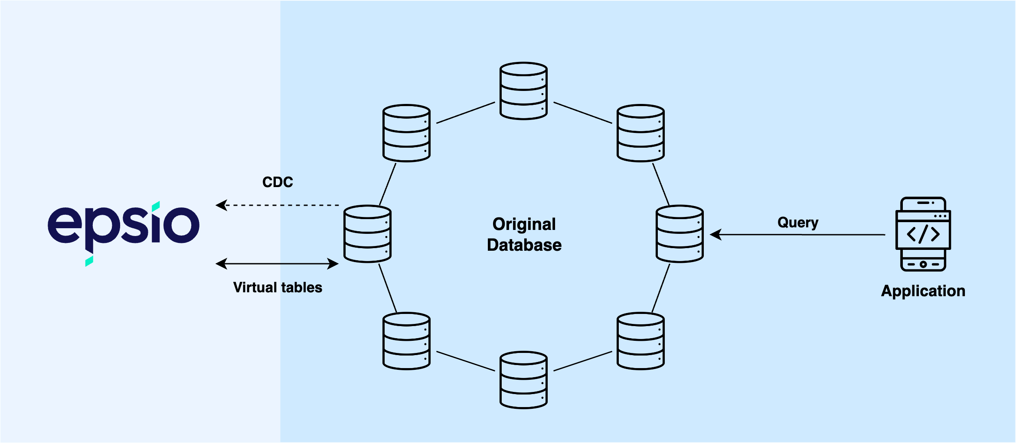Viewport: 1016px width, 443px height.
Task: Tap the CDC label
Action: pos(278,182)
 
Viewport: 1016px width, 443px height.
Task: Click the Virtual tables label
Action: pos(278,288)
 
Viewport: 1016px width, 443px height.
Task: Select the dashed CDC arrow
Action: pos(278,205)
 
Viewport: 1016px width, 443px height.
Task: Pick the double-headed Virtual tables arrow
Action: pos(278,264)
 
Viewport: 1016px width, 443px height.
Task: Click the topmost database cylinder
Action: pos(523,91)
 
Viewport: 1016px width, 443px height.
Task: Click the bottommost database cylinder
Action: pos(523,380)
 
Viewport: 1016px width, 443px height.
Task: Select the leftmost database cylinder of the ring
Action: pos(367,234)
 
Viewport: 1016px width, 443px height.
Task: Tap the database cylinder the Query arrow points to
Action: pos(680,234)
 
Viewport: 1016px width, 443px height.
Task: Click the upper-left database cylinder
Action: pos(406,133)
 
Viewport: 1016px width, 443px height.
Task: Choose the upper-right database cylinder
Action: pos(640,133)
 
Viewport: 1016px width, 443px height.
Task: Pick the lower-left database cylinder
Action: pos(406,341)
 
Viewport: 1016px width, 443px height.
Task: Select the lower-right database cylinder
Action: pos(640,341)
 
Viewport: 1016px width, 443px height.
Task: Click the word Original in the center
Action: pos(524,224)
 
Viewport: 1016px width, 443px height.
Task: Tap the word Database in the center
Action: pos(524,245)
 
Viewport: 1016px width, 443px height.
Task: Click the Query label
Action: pos(798,223)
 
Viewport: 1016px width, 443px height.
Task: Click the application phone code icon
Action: pos(923,234)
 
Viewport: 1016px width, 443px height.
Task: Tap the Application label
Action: pos(923,291)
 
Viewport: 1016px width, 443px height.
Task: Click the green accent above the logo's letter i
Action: pos(156,206)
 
